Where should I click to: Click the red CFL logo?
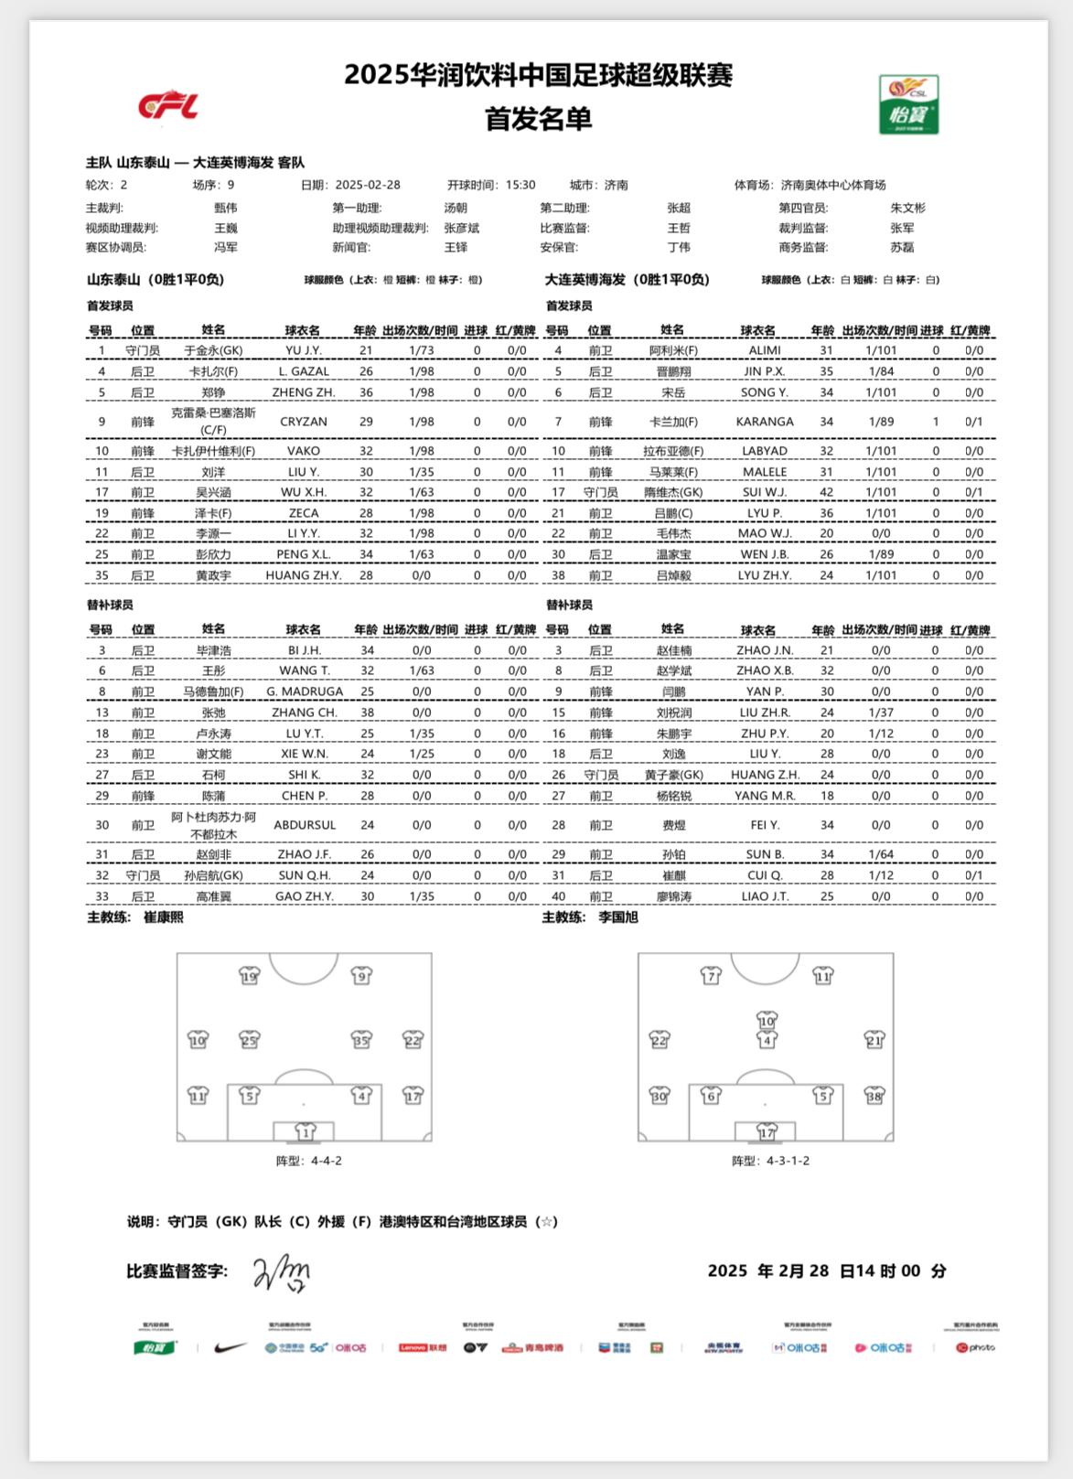coord(168,106)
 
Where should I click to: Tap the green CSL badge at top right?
coord(908,104)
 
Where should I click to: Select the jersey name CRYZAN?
coord(304,422)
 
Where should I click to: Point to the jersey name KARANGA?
coord(765,422)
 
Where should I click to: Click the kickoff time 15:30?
coord(520,185)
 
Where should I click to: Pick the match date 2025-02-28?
coord(368,185)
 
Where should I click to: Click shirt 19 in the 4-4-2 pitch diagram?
coord(249,976)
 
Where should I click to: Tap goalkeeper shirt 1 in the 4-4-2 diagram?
coord(305,1131)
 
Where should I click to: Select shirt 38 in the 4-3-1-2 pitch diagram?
coord(874,1095)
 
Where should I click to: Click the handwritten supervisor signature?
coord(282,1272)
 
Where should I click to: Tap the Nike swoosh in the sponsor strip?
coord(230,1347)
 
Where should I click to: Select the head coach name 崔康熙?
coord(164,917)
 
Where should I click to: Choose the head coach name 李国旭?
coord(618,917)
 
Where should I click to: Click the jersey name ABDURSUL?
coord(305,825)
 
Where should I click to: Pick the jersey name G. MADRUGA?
coord(305,691)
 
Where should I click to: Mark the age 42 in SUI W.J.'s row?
coord(826,492)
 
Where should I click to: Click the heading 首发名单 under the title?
coord(538,119)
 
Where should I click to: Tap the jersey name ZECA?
coord(304,513)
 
